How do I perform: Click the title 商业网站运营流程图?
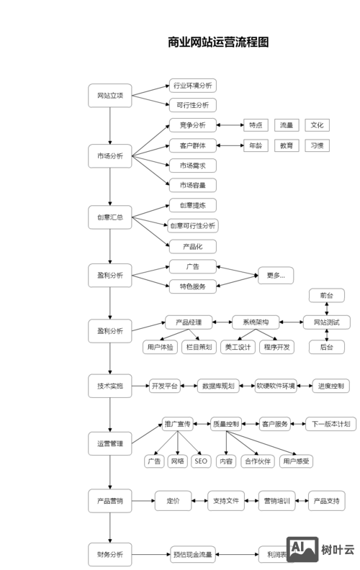(x=217, y=42)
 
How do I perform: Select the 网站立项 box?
(x=110, y=96)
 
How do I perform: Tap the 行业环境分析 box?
(x=192, y=86)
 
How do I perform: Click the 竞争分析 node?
(x=192, y=125)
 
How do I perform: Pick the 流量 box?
(x=287, y=125)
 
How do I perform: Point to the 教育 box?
(x=287, y=145)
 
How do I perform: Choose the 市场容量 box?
(x=192, y=186)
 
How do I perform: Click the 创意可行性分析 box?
(x=192, y=226)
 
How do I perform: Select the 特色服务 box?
(x=192, y=286)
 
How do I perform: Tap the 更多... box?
(x=276, y=275)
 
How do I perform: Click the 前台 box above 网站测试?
(x=326, y=296)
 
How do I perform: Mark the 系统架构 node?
(x=255, y=322)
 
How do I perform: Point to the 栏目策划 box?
(x=199, y=347)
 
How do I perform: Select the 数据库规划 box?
(x=217, y=386)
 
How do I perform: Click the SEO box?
(x=201, y=461)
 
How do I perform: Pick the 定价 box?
(x=173, y=501)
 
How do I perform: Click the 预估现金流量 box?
(x=192, y=555)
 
